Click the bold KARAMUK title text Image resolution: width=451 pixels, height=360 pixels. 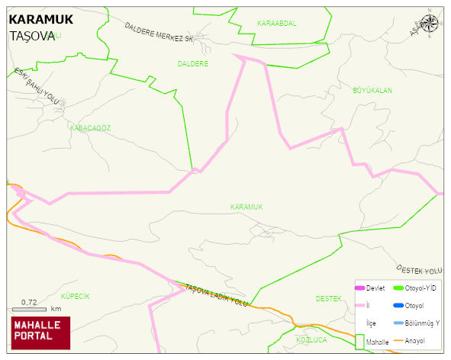[40, 20]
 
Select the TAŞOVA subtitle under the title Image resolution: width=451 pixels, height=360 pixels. [32, 36]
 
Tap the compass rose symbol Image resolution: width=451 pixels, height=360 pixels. [430, 23]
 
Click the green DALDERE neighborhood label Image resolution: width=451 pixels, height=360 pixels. [192, 63]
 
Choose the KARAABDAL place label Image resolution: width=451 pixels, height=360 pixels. [276, 24]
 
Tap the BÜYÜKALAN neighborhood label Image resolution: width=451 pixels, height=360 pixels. [372, 91]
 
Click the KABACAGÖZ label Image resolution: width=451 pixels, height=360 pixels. [90, 128]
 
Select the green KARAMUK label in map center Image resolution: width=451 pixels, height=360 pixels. [246, 207]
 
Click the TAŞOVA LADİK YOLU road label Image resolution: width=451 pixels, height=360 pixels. [216, 295]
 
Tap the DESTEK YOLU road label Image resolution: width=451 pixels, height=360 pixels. [419, 270]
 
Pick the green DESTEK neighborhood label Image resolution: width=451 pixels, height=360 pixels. [328, 298]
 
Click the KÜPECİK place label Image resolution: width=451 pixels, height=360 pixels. [75, 295]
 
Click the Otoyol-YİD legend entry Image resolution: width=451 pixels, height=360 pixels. [418, 288]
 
